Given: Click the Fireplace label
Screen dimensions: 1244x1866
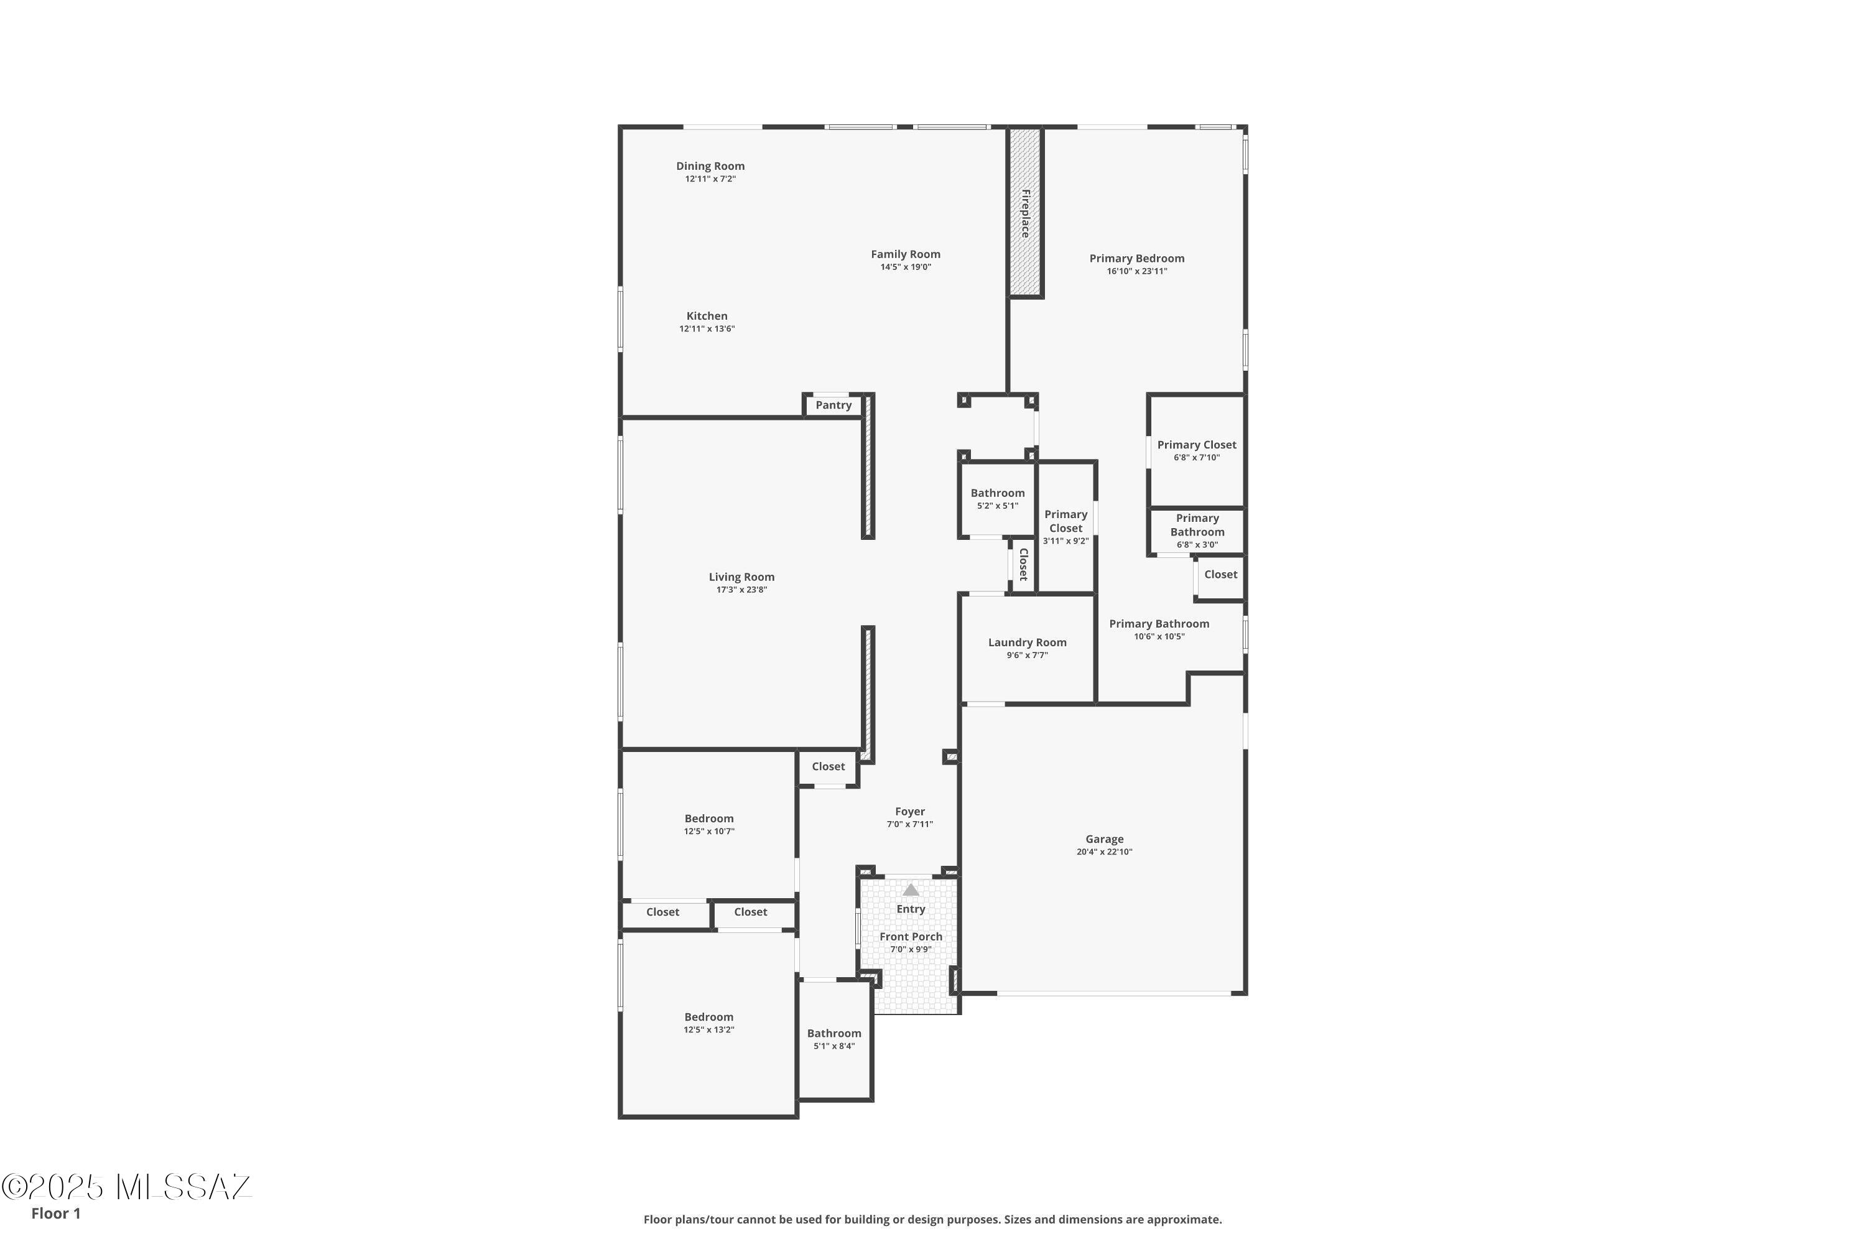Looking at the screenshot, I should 1025,213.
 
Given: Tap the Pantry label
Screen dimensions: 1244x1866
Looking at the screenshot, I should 833,406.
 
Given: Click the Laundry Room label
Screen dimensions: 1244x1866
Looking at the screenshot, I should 1027,643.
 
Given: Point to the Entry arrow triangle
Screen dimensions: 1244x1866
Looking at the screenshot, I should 911,890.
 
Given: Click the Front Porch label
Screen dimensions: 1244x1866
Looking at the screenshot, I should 911,937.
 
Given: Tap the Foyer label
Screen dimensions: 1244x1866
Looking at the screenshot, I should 909,812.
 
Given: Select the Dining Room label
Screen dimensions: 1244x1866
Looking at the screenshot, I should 710,166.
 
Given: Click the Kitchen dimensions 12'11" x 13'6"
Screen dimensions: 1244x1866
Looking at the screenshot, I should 706,329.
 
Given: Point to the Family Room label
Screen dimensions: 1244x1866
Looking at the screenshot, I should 905,254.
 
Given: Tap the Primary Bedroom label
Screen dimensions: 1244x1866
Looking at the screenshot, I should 1136,259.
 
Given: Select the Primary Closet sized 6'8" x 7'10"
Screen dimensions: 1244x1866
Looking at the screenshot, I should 1196,450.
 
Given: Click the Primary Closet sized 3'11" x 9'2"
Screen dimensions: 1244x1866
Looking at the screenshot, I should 1065,527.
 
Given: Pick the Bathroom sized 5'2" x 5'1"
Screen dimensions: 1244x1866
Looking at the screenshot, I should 997,498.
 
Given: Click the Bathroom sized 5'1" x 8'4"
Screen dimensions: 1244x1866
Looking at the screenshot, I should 834,1039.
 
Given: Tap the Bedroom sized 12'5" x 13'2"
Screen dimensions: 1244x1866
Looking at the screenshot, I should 708,1022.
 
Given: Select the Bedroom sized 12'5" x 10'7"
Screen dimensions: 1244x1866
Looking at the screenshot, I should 708,824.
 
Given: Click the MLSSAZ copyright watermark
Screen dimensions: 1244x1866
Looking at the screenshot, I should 127,1187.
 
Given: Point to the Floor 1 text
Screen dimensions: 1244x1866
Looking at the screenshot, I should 55,1213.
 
